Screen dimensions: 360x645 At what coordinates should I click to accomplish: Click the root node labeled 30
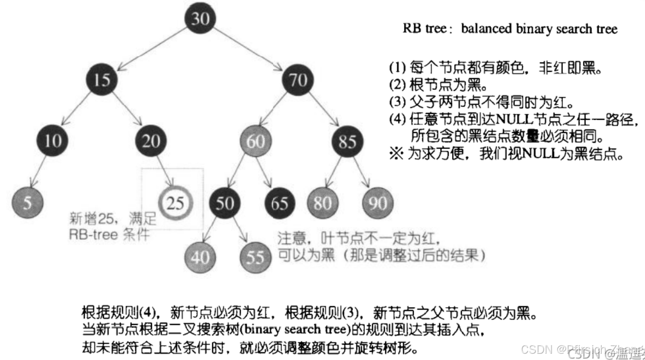coord(200,19)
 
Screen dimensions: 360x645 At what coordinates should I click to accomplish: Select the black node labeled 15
coord(101,79)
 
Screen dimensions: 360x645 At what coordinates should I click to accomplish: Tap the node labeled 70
coord(298,79)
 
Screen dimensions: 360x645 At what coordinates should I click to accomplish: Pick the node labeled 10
coord(52,141)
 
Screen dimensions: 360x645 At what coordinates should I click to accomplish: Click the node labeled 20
coord(151,141)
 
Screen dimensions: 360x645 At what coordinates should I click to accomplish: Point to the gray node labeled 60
coord(256,141)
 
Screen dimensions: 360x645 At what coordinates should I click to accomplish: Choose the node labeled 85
coord(347,141)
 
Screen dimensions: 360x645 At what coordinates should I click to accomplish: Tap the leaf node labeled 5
coord(28,202)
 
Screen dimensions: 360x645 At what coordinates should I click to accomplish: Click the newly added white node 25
coord(176,202)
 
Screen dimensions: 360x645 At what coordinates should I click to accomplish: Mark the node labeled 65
coord(280,202)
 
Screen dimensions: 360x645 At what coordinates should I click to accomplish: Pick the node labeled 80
coord(323,202)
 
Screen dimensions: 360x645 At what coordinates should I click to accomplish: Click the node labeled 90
coord(378,202)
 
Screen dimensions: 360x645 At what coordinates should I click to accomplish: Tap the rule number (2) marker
coord(397,86)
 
